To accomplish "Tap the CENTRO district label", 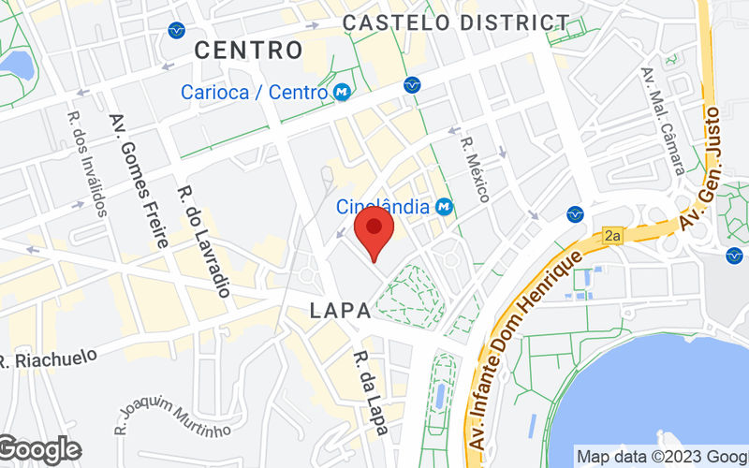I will coord(248,50).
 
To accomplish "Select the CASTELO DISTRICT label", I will coord(456,22).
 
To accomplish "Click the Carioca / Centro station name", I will coord(255,92).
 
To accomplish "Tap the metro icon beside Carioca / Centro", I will coord(343,92).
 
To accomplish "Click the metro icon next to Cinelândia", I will coord(444,206).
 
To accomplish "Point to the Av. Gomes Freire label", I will coord(138,180).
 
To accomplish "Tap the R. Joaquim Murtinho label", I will coord(172,415).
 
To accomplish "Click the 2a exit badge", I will coord(613,236).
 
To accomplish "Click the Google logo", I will coord(39,449).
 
